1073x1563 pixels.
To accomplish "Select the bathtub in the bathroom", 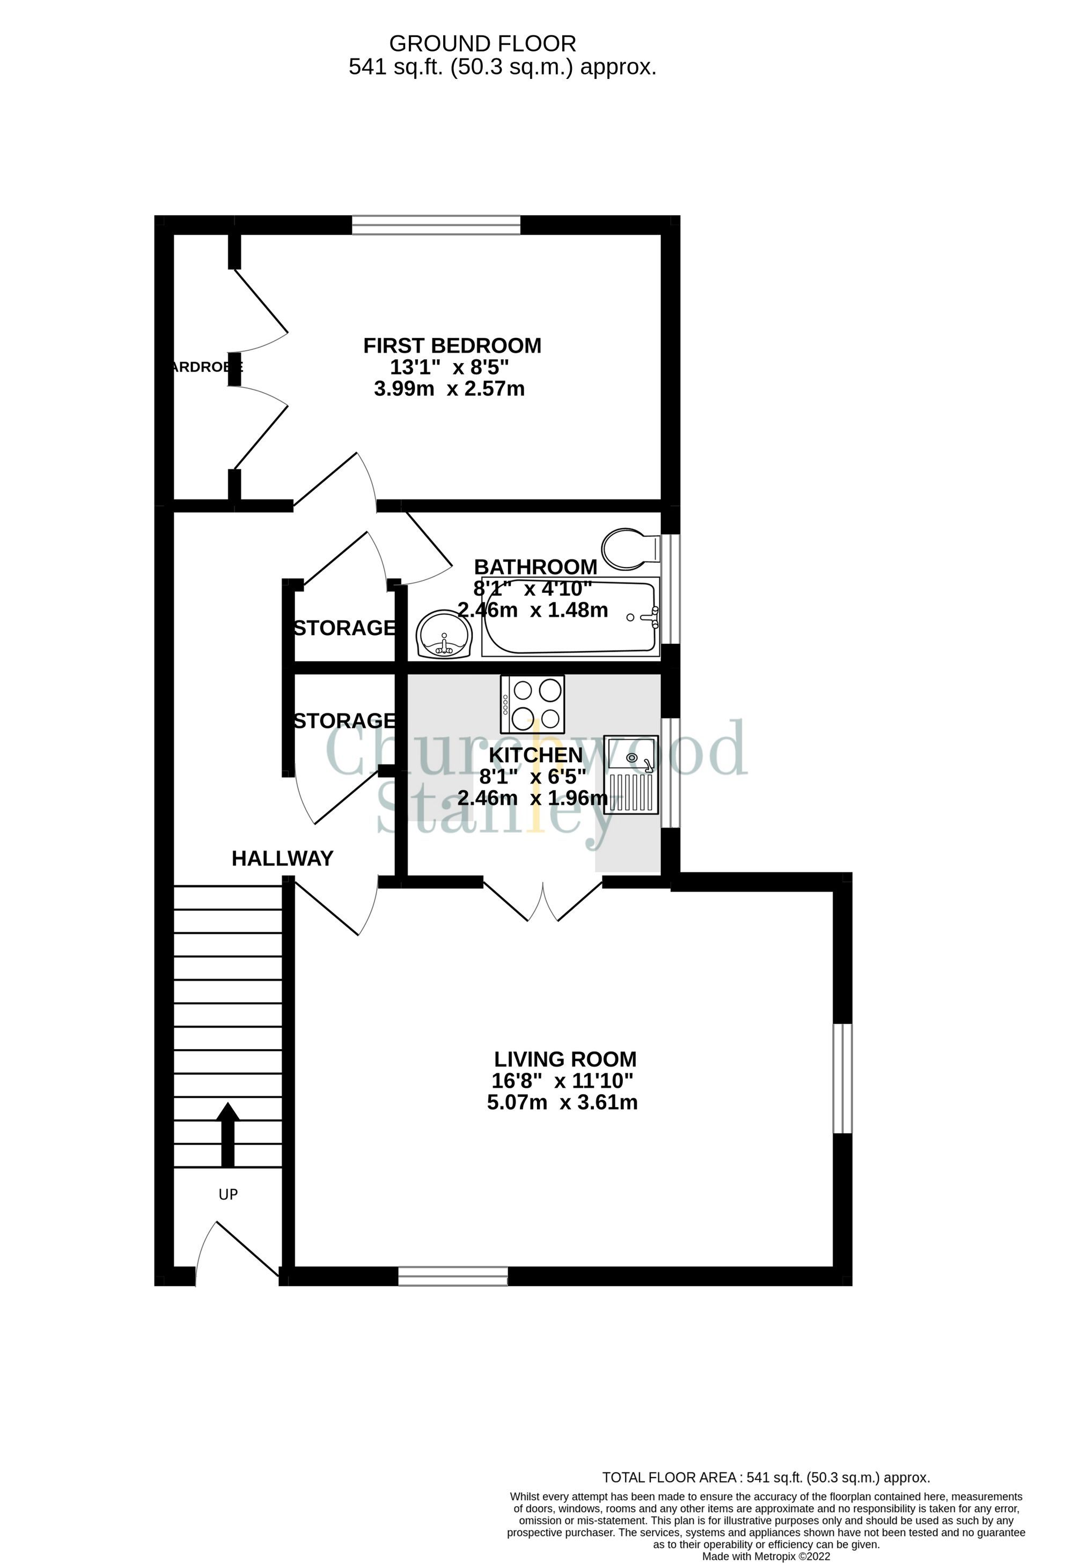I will (570, 617).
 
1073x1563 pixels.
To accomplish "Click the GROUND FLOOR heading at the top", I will (482, 44).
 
